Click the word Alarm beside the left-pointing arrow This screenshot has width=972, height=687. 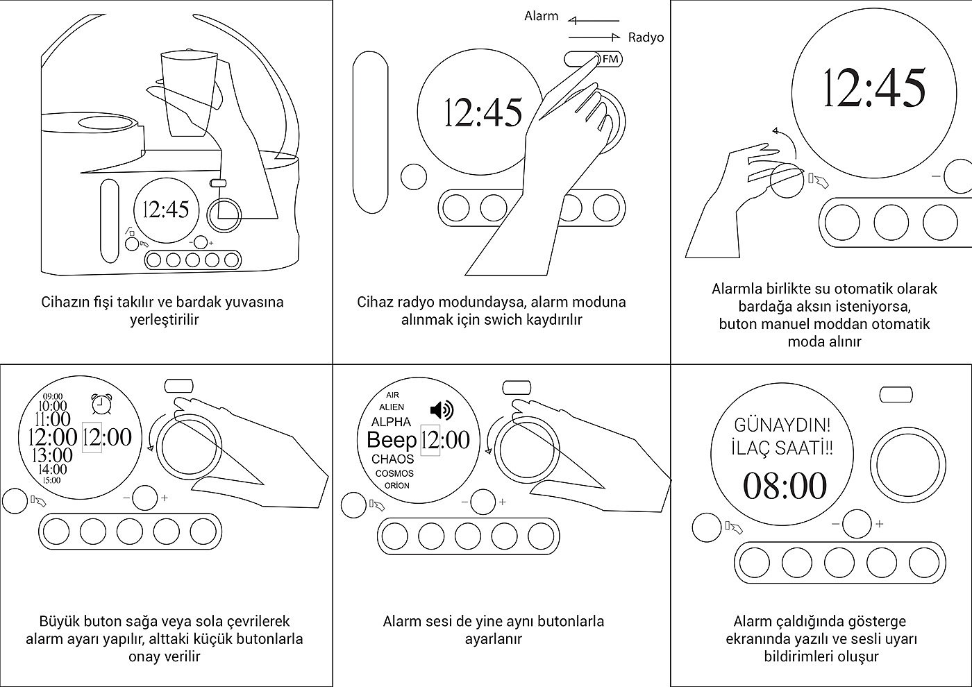(541, 16)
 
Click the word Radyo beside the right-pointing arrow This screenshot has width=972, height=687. (646, 37)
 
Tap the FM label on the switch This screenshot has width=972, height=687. (610, 60)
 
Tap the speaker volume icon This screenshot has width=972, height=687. (442, 410)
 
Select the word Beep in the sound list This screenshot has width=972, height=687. (391, 440)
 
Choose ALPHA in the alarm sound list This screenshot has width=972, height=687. (391, 421)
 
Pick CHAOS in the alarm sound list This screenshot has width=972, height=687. (392, 459)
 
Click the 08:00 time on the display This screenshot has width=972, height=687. (785, 486)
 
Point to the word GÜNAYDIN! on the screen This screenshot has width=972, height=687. (782, 424)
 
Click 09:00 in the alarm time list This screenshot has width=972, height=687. (52, 396)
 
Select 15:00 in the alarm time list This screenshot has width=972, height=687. (51, 480)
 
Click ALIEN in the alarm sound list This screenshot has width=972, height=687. (392, 407)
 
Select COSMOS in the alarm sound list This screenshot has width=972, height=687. (394, 473)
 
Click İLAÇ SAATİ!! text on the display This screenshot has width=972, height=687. (782, 448)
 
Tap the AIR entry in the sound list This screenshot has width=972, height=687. (393, 395)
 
